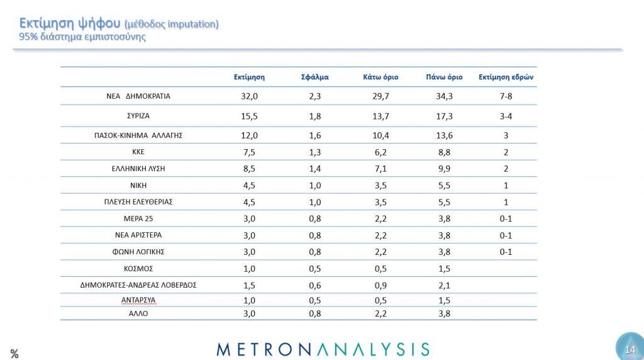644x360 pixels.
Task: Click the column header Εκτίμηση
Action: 248,77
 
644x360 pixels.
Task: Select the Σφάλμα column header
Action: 315,77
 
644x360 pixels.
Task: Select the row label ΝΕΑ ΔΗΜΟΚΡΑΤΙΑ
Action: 138,96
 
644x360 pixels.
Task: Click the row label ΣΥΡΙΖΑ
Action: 138,116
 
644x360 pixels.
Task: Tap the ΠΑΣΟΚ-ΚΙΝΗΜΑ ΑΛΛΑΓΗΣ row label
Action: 138,135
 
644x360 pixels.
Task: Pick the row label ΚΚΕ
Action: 138,152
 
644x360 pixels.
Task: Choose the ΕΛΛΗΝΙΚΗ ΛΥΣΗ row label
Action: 138,169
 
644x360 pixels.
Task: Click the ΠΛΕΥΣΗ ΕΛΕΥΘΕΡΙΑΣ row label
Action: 138,202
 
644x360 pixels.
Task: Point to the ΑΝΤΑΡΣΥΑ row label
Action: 138,301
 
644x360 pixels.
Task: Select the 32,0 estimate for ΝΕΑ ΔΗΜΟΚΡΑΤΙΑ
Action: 248,96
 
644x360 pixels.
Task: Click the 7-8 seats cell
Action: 506,96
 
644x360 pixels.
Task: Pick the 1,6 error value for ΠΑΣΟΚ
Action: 315,135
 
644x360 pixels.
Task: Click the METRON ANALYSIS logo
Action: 323,349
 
